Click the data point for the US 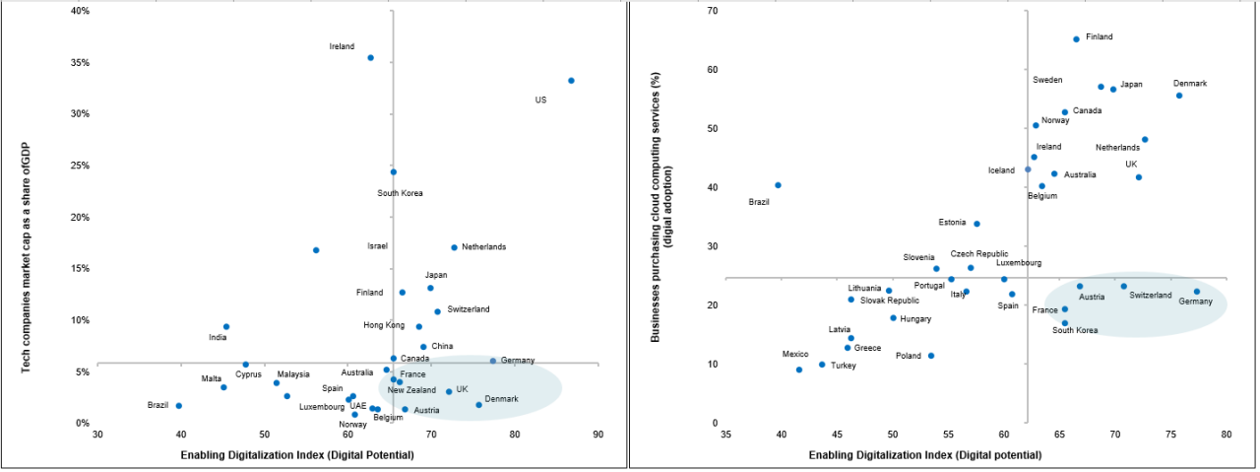(x=571, y=81)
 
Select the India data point (x=226, y=326)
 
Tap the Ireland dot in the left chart (x=370, y=58)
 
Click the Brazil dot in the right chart (x=778, y=185)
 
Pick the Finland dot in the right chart (x=1076, y=39)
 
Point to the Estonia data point (x=976, y=224)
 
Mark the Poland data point (x=931, y=356)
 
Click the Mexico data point (x=799, y=370)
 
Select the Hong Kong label (x=384, y=325)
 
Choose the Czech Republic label (x=978, y=254)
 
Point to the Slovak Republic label (x=890, y=301)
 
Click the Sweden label (x=1047, y=80)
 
